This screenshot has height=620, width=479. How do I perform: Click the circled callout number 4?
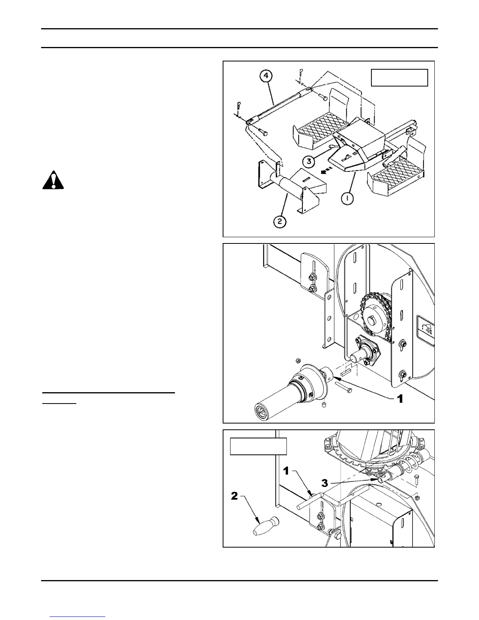(266, 76)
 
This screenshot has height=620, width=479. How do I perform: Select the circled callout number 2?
(280, 222)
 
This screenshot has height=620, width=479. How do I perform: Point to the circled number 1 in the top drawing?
(347, 199)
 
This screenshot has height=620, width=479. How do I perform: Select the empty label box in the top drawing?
(399, 77)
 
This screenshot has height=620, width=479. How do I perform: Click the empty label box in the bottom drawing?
(258, 446)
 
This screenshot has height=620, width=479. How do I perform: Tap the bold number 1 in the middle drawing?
(400, 399)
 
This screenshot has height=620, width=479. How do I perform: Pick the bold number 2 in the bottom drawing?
(234, 496)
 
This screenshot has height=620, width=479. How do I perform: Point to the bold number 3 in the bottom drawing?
(324, 483)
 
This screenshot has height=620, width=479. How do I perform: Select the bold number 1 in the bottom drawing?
(286, 471)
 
